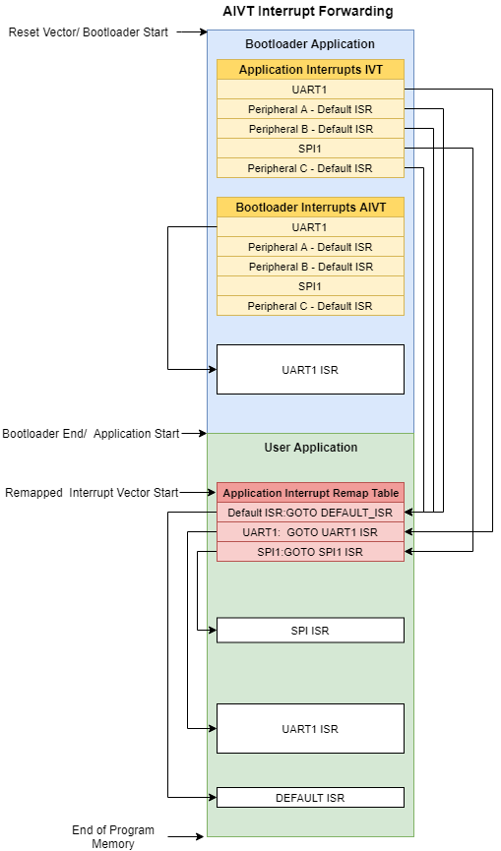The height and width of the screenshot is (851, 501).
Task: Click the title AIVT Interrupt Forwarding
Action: (308, 11)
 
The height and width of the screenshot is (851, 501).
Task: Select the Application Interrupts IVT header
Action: (310, 70)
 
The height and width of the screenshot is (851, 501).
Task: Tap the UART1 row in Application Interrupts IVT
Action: (310, 90)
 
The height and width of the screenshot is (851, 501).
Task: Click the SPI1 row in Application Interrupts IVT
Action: (310, 149)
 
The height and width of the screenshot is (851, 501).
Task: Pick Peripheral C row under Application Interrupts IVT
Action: (310, 168)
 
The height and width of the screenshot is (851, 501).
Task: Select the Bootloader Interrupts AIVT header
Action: (310, 208)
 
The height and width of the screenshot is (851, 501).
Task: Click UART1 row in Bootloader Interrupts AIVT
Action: (310, 227)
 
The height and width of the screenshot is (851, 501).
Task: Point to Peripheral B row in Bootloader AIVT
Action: (310, 267)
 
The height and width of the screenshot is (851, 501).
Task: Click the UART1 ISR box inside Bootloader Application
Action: (310, 370)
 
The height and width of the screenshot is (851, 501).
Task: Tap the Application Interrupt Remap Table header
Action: (310, 493)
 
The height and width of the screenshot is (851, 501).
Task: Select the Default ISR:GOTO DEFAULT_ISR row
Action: (310, 513)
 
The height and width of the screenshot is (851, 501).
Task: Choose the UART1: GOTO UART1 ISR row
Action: (310, 532)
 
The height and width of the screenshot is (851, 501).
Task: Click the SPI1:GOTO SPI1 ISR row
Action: (310, 552)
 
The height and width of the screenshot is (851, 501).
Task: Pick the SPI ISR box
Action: (310, 631)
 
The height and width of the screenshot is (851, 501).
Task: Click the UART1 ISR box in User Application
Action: (310, 729)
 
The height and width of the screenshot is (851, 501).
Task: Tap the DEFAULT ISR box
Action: (310, 798)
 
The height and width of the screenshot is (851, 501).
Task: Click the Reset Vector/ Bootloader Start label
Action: (89, 32)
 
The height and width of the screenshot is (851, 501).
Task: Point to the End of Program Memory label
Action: (113, 836)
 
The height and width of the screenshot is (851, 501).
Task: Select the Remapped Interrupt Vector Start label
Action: (92, 493)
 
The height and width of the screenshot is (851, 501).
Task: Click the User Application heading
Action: (311, 448)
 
